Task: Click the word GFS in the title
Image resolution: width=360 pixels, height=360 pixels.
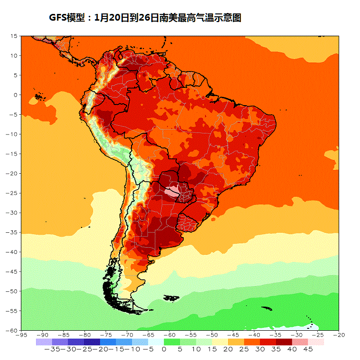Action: (x=58, y=18)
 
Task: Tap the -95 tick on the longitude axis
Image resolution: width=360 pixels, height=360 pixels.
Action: (x=21, y=335)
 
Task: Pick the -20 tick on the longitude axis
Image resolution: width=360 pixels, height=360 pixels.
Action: (x=339, y=335)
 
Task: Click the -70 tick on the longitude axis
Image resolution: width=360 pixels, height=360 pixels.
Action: (x=127, y=335)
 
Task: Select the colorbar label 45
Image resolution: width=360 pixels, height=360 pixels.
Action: (x=307, y=349)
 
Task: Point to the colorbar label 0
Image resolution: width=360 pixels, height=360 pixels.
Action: (x=164, y=349)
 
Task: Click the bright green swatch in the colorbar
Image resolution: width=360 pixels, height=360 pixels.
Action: (x=172, y=342)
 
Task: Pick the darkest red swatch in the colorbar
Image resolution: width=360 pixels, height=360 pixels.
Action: (x=284, y=342)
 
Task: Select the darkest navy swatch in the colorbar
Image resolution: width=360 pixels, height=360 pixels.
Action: (x=92, y=342)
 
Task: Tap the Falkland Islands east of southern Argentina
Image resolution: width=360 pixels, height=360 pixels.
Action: (x=171, y=298)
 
